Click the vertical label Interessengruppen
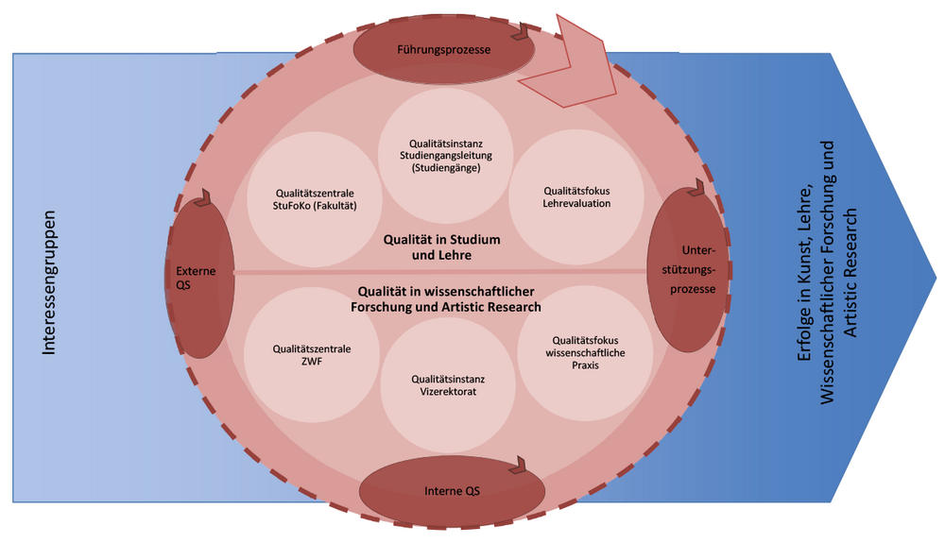[x=50, y=283]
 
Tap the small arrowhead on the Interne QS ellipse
[x=520, y=465]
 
